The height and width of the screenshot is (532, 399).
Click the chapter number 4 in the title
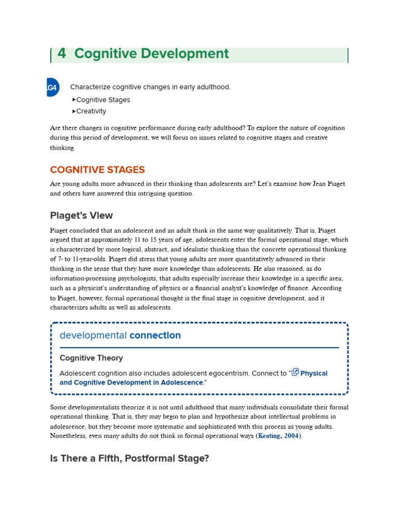click(x=62, y=54)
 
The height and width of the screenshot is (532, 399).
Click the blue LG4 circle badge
click(x=52, y=87)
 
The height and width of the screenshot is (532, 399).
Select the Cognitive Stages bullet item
click(x=103, y=100)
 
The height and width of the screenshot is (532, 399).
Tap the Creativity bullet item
click(x=91, y=111)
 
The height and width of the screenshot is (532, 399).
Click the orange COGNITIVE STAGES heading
click(x=97, y=170)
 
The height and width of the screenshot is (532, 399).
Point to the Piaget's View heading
click(x=81, y=216)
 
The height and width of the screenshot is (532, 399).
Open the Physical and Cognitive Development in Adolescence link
click(x=131, y=382)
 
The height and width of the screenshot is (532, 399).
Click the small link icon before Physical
click(x=295, y=372)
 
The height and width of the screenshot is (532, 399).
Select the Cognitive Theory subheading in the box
click(x=91, y=358)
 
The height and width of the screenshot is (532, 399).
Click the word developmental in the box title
click(x=93, y=336)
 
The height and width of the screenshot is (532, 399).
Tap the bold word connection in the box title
click(x=155, y=336)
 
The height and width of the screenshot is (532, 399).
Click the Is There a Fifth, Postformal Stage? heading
click(x=129, y=459)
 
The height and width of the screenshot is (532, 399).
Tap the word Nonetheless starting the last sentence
click(x=70, y=436)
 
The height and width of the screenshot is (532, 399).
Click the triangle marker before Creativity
click(x=74, y=111)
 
